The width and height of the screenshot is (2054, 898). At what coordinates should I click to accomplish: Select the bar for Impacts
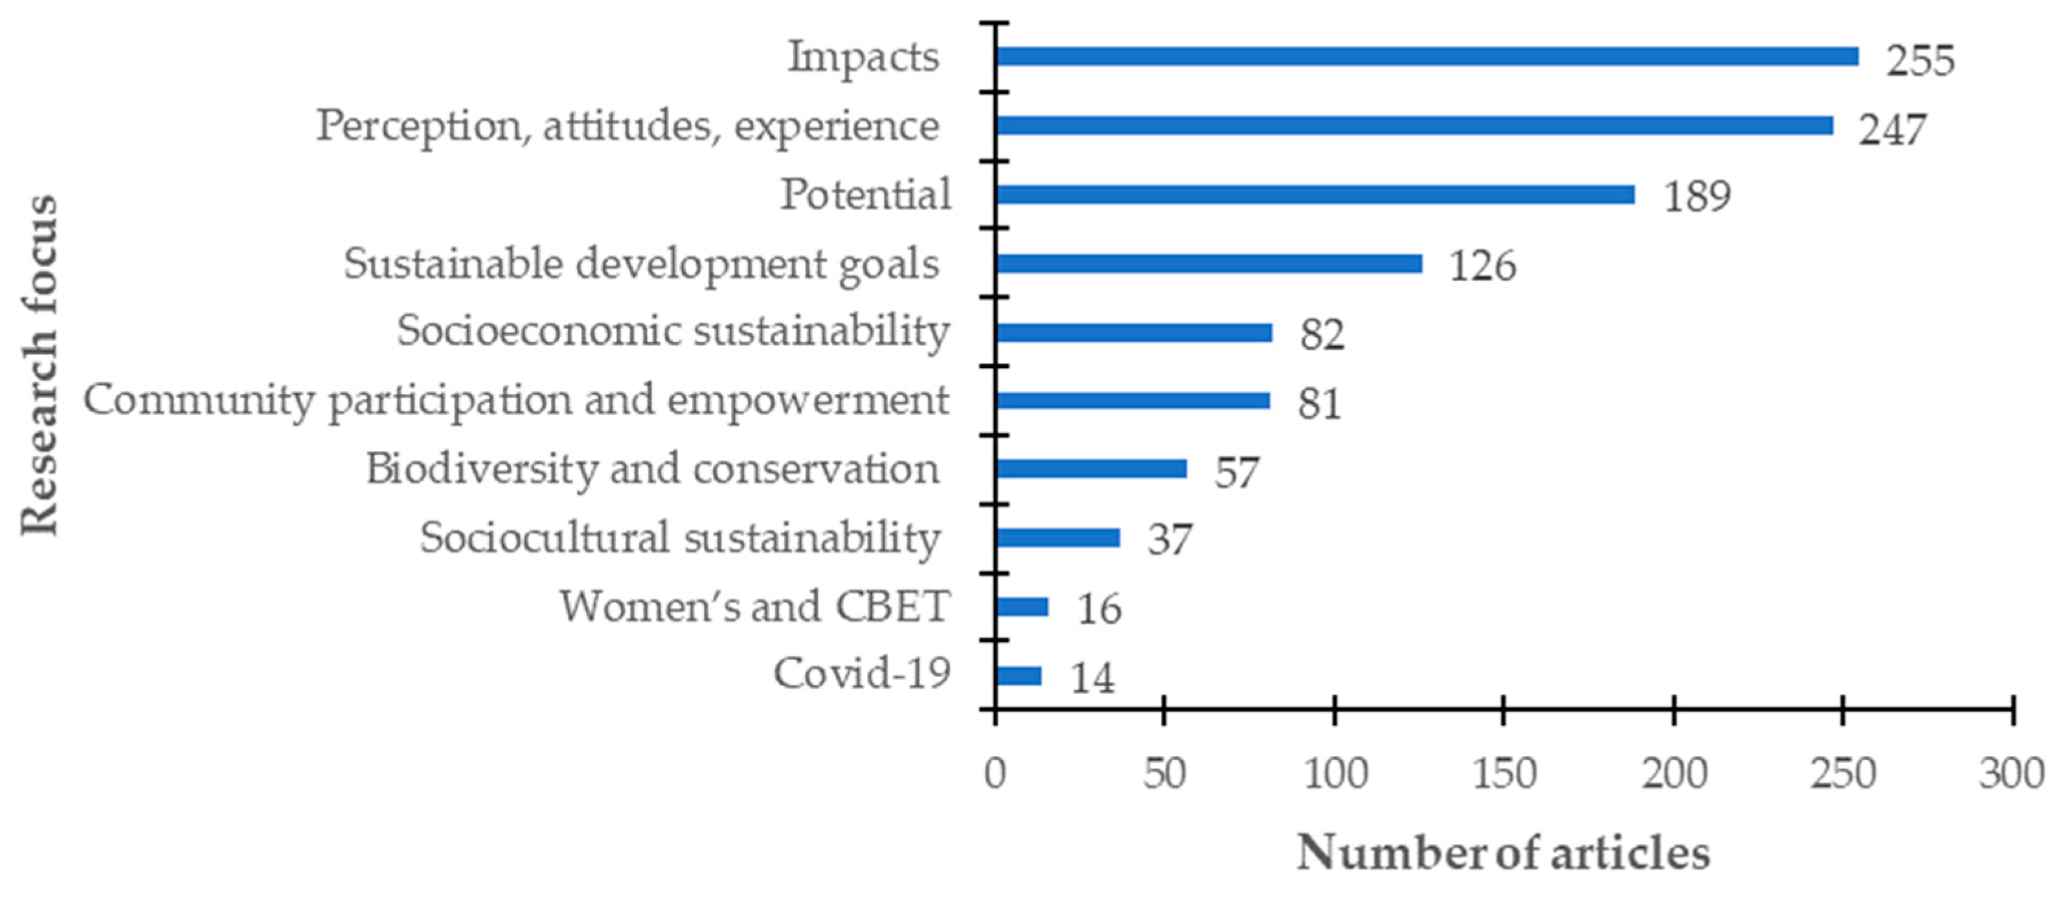point(1427,56)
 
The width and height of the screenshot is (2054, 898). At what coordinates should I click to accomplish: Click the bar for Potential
point(1316,194)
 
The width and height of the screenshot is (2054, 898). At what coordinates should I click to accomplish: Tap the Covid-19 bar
point(1018,676)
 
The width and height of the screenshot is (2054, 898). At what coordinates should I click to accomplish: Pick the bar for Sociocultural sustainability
point(1058,538)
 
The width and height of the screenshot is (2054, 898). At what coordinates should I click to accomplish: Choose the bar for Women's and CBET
point(1022,607)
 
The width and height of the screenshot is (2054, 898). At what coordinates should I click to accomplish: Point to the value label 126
point(1482,266)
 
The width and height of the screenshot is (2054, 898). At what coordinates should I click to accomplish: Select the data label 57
point(1236,473)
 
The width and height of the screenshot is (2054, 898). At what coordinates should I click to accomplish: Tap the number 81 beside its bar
point(1319,404)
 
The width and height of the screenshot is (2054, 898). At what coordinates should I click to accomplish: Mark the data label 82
point(1322,335)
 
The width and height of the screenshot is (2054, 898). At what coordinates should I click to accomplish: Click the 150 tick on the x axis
point(1504,774)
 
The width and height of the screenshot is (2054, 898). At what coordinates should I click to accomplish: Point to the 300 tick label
point(2011,774)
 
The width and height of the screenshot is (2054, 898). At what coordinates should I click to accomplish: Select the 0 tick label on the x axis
point(995,774)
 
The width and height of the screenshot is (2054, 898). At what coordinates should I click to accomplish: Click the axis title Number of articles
point(1503,853)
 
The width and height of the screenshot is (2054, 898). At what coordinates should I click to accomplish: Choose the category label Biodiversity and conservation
point(652,469)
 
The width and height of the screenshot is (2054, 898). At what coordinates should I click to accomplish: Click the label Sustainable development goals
point(641,264)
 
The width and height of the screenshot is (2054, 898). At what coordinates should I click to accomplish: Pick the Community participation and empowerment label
point(516,400)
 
